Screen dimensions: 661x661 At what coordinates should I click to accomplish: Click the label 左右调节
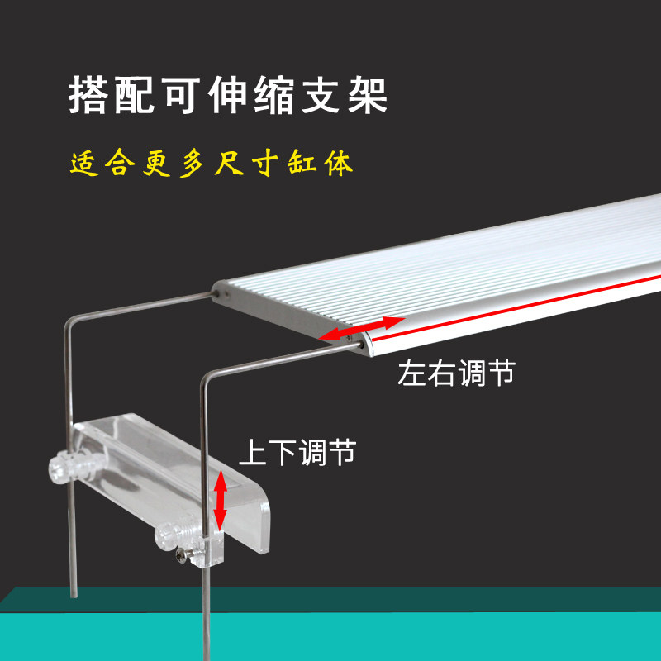(457, 373)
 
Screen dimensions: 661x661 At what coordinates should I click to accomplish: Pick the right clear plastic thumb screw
(170, 538)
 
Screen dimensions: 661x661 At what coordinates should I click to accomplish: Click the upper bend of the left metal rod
(69, 323)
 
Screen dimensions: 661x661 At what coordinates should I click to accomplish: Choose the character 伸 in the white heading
(227, 97)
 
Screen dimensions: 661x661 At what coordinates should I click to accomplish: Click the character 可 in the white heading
(181, 97)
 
